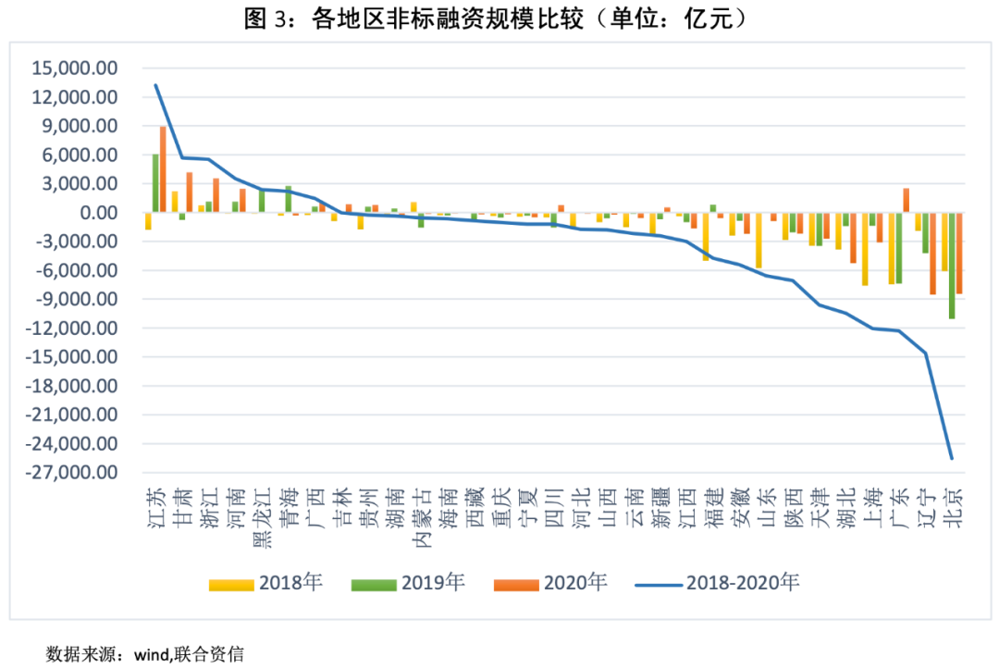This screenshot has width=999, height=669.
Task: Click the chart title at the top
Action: (499, 19)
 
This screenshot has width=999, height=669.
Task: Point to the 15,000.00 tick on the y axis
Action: (75, 68)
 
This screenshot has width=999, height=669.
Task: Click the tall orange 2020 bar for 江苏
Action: (163, 169)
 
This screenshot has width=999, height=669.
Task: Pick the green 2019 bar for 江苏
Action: (155, 183)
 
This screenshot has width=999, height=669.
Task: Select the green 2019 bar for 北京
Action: (952, 266)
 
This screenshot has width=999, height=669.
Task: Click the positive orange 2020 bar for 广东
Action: (906, 200)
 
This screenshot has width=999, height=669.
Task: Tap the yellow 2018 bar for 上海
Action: (865, 249)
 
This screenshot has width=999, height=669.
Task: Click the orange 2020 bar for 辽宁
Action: (933, 254)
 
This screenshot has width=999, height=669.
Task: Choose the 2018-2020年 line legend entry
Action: (718, 583)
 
